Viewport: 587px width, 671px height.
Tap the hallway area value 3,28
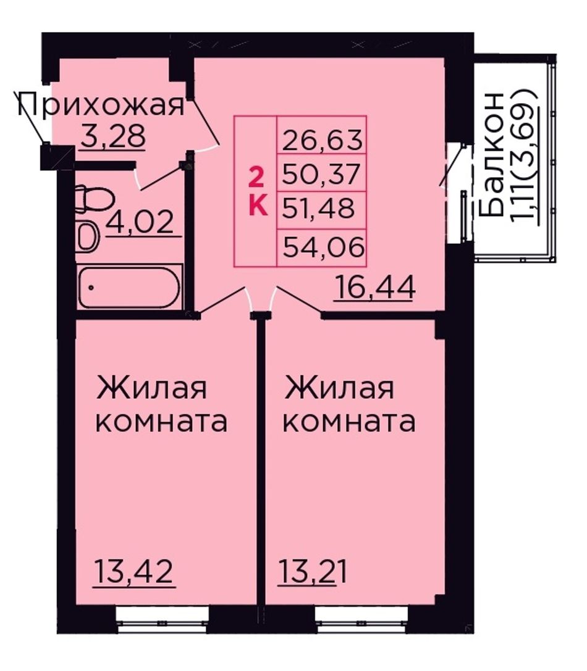click(x=112, y=135)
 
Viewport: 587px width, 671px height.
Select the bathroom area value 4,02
click(x=140, y=222)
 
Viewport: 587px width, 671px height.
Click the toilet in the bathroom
click(x=94, y=199)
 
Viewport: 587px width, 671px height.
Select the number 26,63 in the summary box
click(x=322, y=140)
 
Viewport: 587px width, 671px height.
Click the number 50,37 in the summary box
click(x=321, y=173)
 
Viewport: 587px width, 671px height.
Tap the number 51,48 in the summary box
click(x=319, y=208)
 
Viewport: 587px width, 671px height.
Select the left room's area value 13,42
click(x=134, y=572)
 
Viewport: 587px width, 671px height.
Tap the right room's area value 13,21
click(x=313, y=572)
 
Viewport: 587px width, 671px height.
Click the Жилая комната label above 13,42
click(x=161, y=404)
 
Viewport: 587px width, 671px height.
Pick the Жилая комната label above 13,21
click(x=349, y=404)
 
